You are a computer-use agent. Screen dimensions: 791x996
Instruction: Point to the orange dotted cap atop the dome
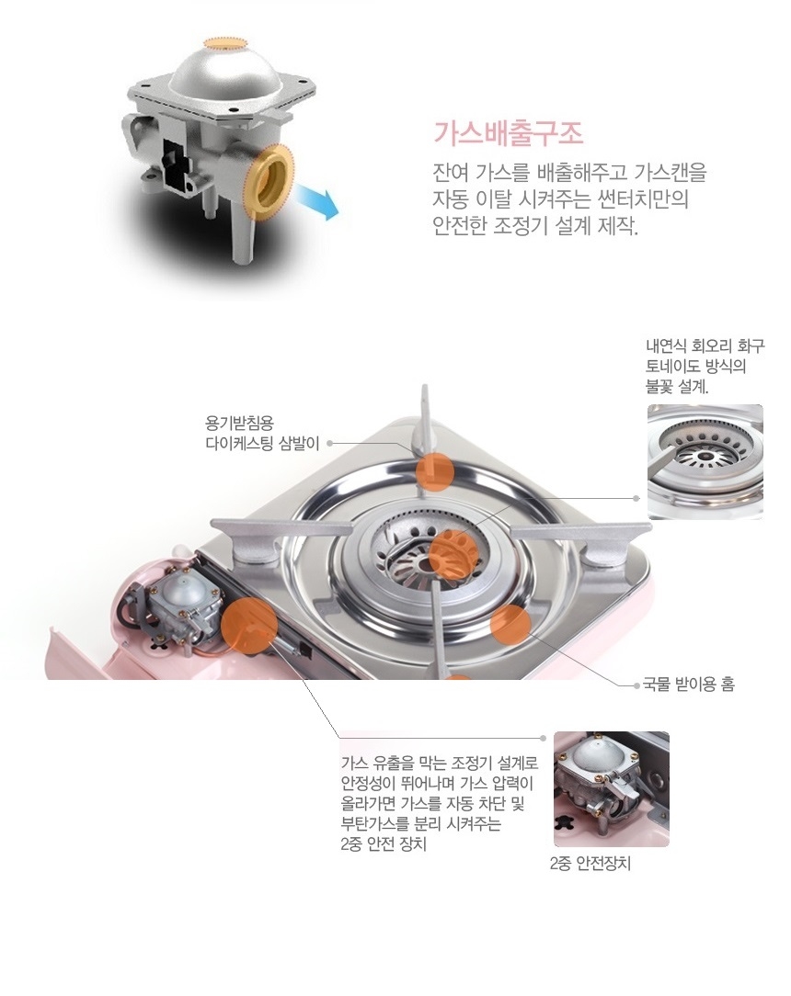[224, 43]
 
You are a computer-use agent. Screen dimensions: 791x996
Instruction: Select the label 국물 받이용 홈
[688, 685]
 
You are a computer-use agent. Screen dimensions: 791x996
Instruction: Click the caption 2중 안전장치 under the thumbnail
[590, 864]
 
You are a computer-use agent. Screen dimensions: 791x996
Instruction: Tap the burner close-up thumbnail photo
[705, 462]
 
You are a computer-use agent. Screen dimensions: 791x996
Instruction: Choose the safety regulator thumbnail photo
[611, 789]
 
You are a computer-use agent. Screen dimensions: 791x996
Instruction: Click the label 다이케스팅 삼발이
[262, 444]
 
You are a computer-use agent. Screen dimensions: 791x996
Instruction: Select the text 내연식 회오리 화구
[705, 346]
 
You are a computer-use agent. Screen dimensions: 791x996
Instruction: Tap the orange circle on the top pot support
[435, 472]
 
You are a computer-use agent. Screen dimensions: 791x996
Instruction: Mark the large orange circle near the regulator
[249, 626]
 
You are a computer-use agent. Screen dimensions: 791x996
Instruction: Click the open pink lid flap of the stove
[83, 653]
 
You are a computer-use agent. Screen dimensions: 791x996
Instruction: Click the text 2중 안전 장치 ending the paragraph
[384, 844]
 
